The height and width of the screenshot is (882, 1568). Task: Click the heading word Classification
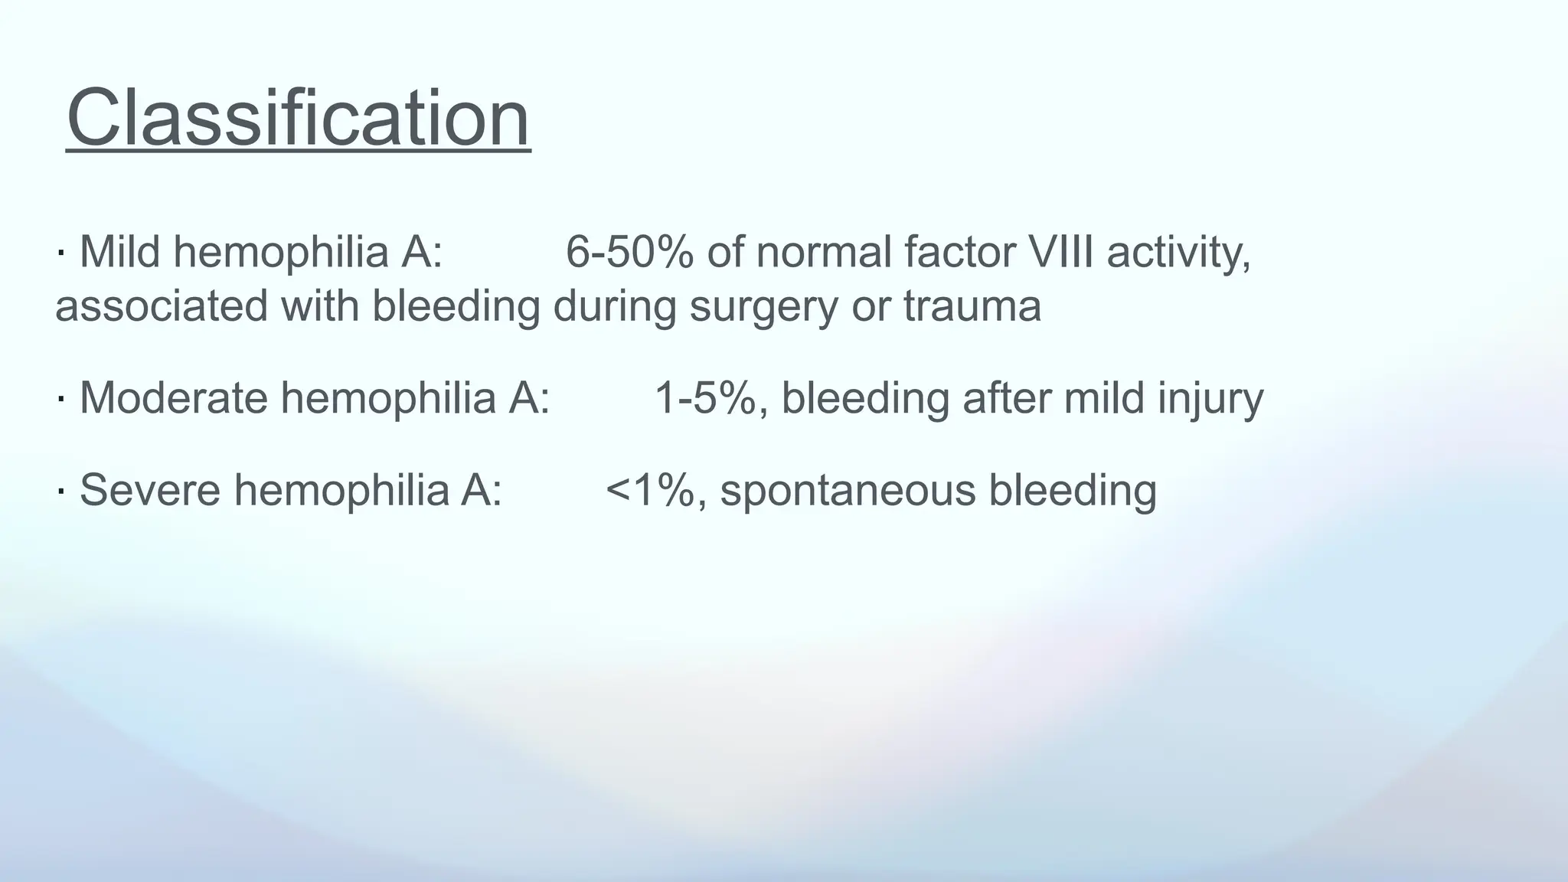pos(298,119)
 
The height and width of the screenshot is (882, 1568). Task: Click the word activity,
pos(1178,253)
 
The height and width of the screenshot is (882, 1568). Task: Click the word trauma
pos(972,306)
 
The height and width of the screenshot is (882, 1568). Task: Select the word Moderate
pos(173,398)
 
